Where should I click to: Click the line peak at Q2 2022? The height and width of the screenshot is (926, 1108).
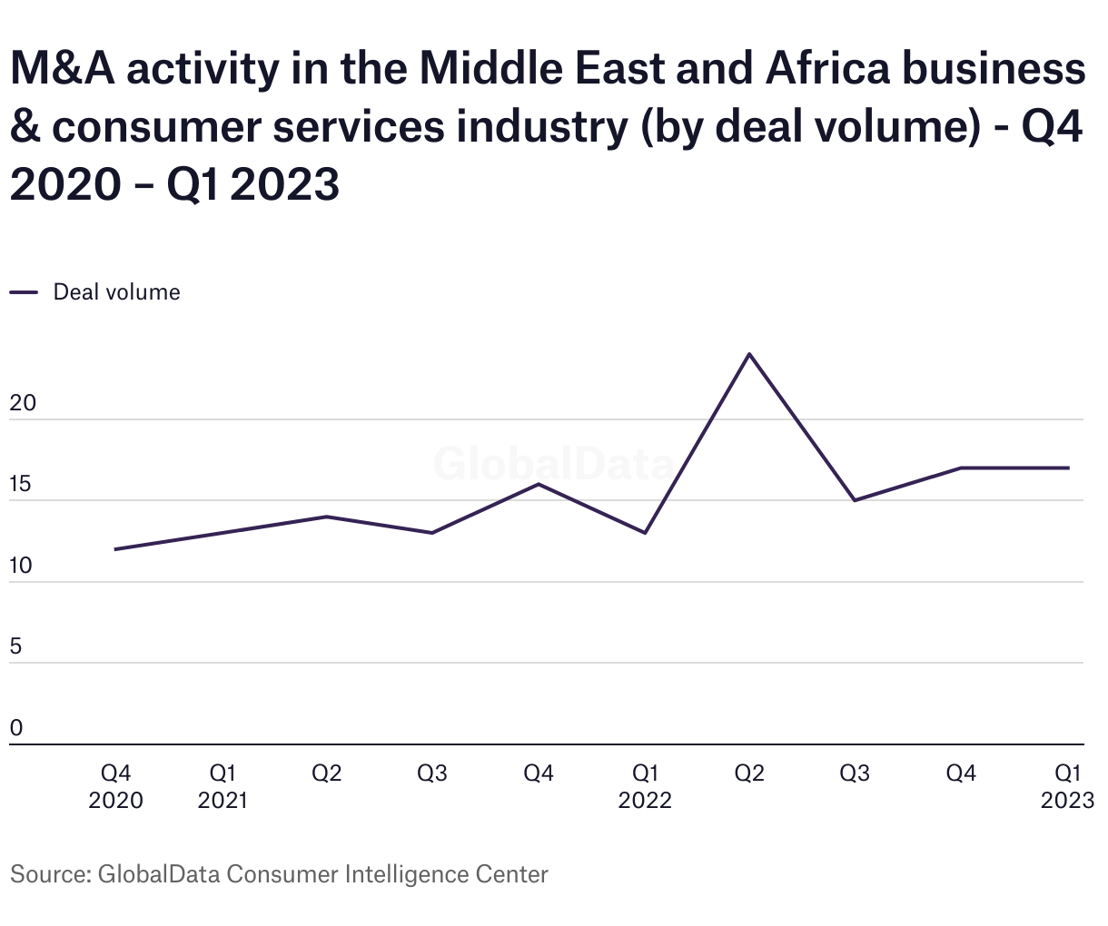tap(749, 353)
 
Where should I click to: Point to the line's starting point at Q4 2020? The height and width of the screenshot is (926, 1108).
tap(115, 549)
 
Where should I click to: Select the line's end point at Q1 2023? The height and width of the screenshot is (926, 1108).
tap(1068, 468)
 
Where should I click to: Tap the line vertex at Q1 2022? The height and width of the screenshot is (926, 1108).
tap(645, 533)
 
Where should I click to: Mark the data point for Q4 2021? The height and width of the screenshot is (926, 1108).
tap(539, 484)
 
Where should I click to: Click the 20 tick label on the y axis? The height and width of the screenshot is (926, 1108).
tap(22, 403)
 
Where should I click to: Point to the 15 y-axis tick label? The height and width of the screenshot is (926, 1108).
tap(21, 485)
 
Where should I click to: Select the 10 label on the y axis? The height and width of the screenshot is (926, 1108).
tap(21, 566)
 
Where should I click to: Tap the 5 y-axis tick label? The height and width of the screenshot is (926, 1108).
tap(16, 647)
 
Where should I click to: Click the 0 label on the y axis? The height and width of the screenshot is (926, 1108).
tap(16, 728)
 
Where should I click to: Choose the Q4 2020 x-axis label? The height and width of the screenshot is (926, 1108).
tap(115, 786)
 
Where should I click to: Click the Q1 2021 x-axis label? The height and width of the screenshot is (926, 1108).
tap(223, 786)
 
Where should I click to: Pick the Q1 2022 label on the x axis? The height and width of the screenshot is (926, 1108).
tap(645, 786)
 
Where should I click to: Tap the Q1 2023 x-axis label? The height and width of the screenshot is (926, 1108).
tap(1068, 786)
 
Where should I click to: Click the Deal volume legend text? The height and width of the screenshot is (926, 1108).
tap(116, 292)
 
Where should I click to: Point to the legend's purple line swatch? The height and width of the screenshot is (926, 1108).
tap(24, 292)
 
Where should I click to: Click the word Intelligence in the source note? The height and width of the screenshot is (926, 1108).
tap(407, 874)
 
